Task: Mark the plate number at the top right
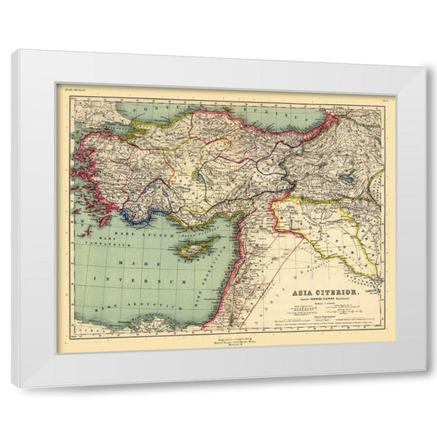point(383,86)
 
